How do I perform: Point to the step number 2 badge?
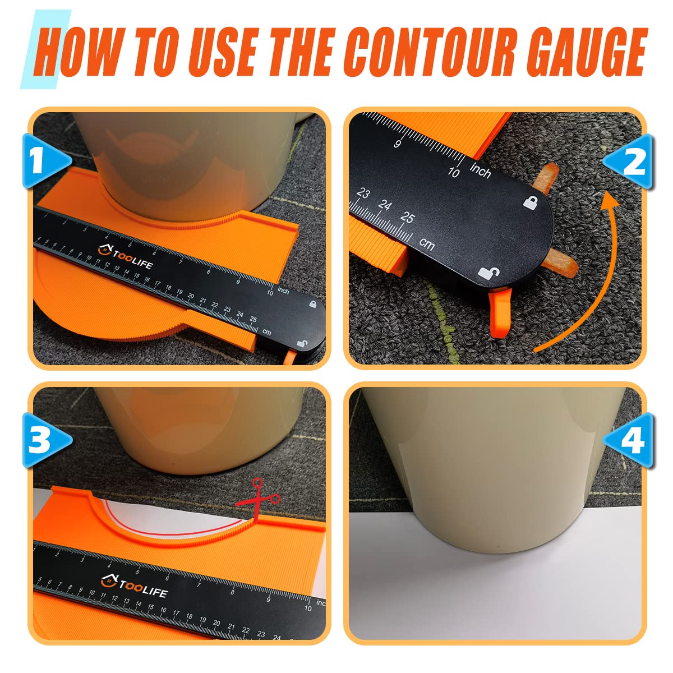pyautogui.click(x=631, y=163)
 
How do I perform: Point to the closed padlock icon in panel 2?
pyautogui.click(x=529, y=202)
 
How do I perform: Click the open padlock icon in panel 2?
pyautogui.click(x=488, y=273)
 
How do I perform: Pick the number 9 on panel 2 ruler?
pyautogui.click(x=398, y=144)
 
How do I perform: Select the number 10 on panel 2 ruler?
pyautogui.click(x=454, y=172)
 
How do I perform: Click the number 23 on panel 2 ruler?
pyautogui.click(x=363, y=194)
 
